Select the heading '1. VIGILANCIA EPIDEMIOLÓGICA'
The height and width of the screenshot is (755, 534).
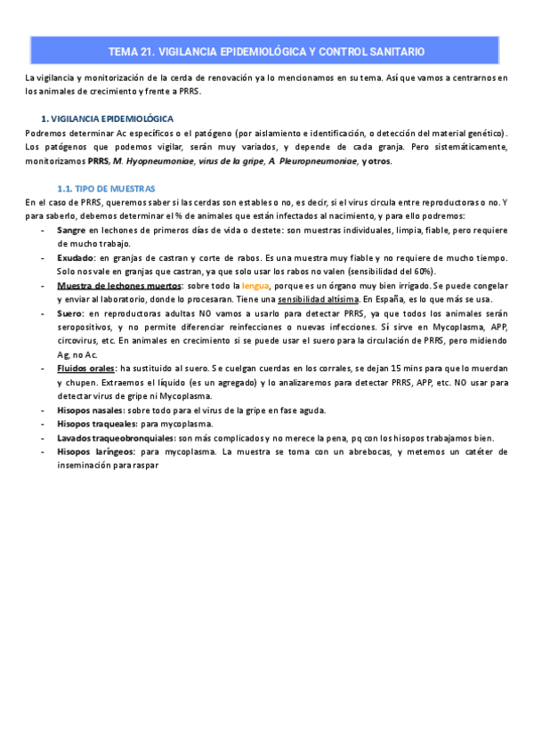(109, 118)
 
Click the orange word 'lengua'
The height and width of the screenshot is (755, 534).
(255, 286)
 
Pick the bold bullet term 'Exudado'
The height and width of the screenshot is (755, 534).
(76, 258)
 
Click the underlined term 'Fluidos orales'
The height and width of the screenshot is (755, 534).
(85, 369)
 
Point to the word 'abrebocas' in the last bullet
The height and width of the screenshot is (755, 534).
(370, 451)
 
